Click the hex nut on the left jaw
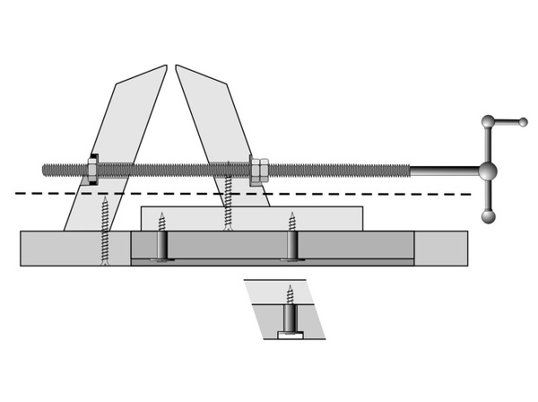tap(92, 168)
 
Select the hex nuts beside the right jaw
tap(258, 170)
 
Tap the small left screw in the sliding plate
tap(162, 222)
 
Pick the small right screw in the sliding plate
tap(291, 222)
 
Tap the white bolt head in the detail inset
tap(289, 335)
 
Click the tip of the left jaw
tap(164, 66)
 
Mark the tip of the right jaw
tap(178, 66)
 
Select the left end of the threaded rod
tap(46, 168)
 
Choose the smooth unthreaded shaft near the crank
tap(444, 170)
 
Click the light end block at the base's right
tap(440, 248)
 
